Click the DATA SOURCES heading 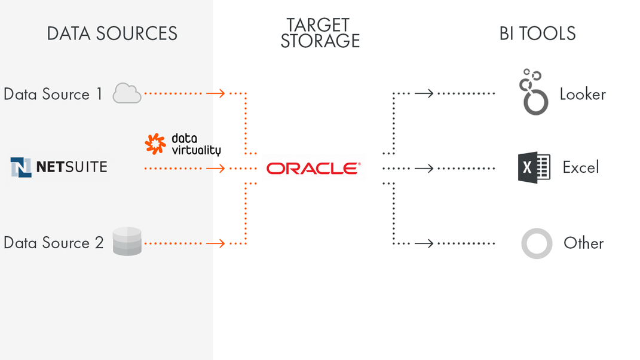(x=112, y=33)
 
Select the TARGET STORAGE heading (x=320, y=33)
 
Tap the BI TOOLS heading (x=537, y=33)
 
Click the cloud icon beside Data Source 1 (x=127, y=93)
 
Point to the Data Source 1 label (x=53, y=94)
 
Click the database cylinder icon (x=127, y=242)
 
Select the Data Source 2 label (x=54, y=243)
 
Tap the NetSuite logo (x=59, y=167)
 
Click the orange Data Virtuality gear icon (x=155, y=144)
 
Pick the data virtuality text (x=195, y=144)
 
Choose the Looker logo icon (x=534, y=92)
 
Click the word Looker (x=583, y=94)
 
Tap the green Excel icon (x=534, y=167)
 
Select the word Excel (x=580, y=167)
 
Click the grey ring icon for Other (x=536, y=243)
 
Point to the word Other (x=583, y=243)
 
